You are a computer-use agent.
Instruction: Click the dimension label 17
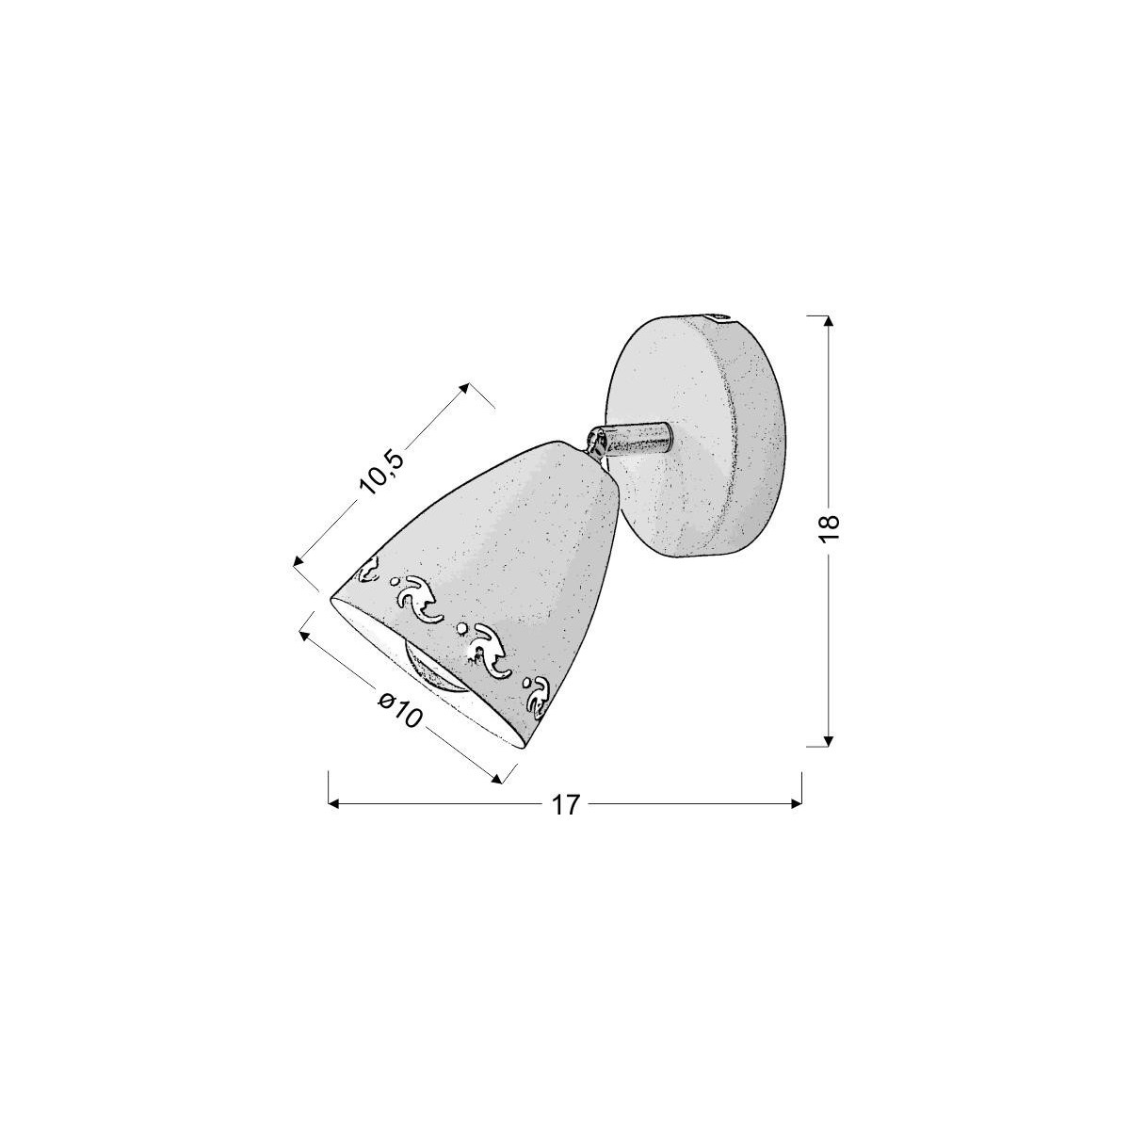click(x=564, y=805)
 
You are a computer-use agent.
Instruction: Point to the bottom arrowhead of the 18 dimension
click(x=828, y=740)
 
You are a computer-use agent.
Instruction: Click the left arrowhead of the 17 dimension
click(x=331, y=804)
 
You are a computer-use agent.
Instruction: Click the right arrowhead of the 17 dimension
click(x=796, y=804)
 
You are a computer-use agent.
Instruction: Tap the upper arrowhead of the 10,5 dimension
click(x=464, y=387)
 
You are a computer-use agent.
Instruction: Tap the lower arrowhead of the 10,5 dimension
click(x=299, y=562)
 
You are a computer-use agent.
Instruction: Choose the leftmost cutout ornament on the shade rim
click(x=367, y=569)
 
